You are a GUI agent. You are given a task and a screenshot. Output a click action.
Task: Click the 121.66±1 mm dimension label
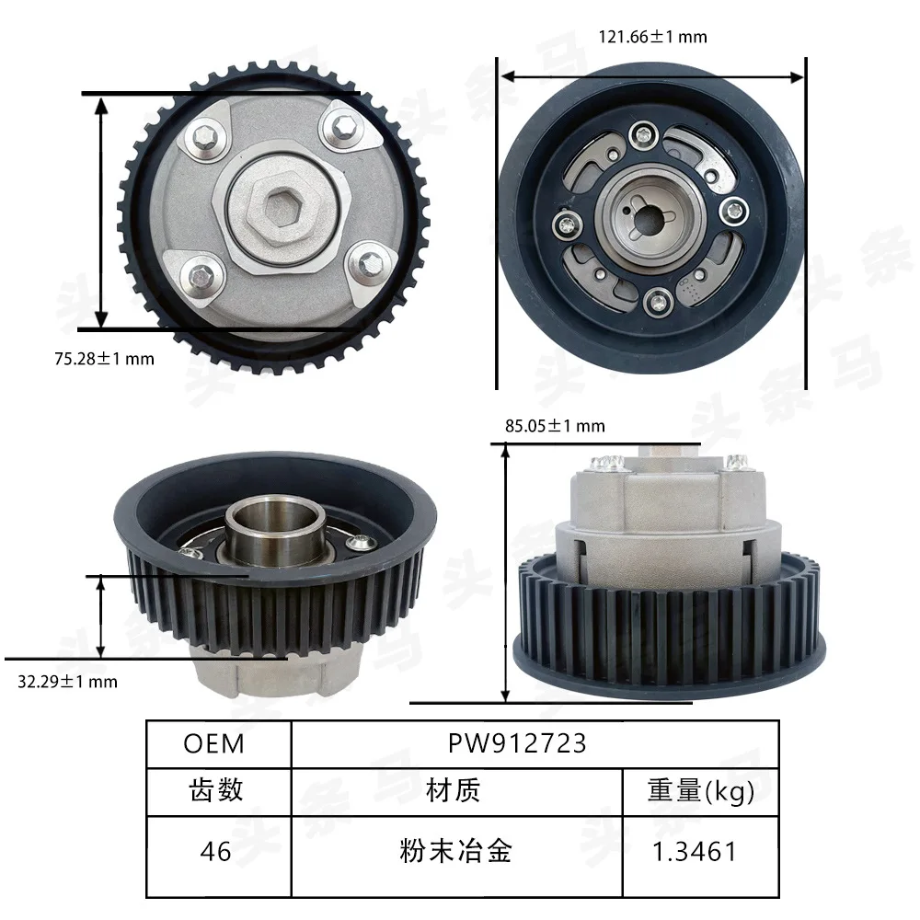[652, 37]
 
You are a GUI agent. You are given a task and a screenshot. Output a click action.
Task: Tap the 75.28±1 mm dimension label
[105, 359]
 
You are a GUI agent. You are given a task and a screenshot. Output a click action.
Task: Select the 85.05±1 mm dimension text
[555, 425]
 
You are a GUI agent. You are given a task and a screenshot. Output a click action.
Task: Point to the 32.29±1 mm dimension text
[67, 681]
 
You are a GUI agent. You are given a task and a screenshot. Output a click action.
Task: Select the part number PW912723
[517, 743]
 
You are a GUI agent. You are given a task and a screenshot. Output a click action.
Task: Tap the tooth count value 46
[215, 851]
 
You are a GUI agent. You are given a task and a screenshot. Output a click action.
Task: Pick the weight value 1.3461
[694, 851]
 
